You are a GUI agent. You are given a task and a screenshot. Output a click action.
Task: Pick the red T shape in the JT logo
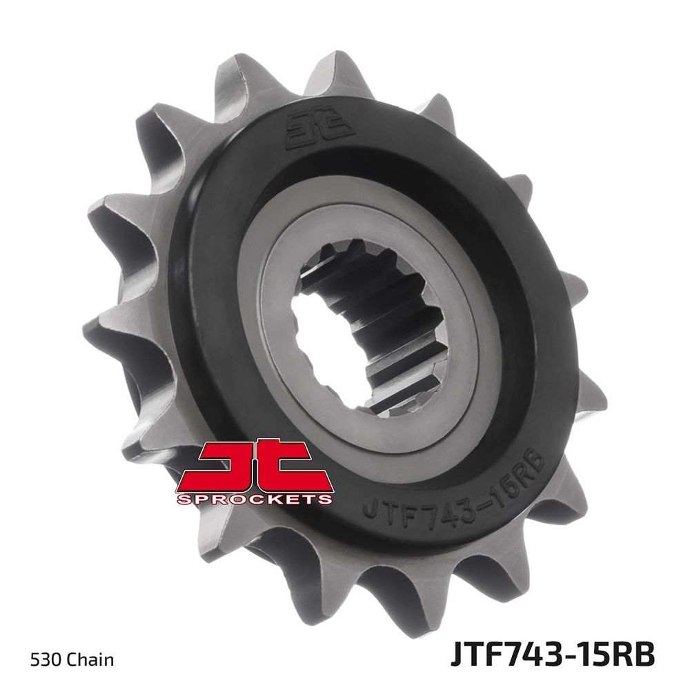tap(293, 464)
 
